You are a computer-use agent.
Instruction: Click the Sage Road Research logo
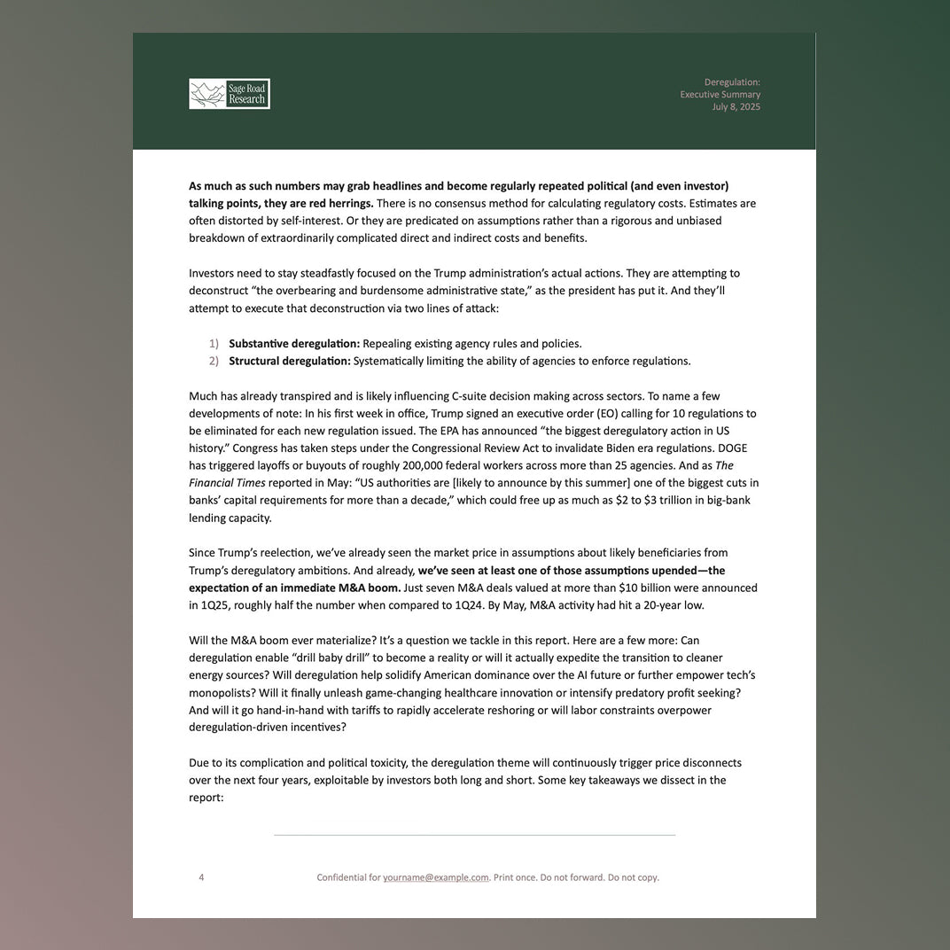tap(230, 94)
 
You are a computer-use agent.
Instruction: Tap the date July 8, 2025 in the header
tap(736, 107)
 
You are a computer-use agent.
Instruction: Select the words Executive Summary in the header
tap(720, 95)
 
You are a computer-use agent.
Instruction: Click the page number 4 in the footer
tap(201, 877)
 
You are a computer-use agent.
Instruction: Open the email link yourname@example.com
tap(436, 877)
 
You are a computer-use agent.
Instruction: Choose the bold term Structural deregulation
tap(290, 362)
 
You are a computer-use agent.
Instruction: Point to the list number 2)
tap(214, 362)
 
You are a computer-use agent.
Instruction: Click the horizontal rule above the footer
tap(474, 835)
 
